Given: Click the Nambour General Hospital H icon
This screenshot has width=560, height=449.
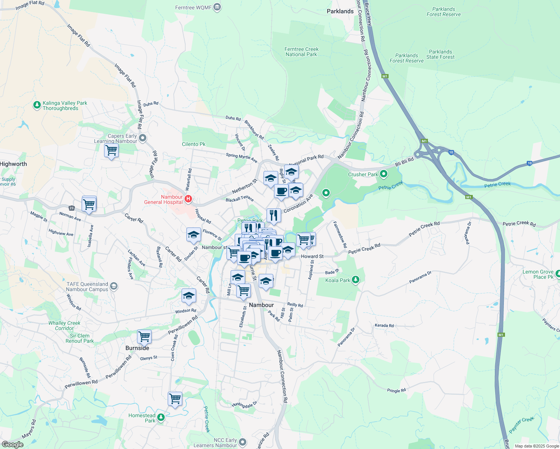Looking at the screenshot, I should point(188,199).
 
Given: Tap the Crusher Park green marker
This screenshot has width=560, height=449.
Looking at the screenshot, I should point(383,174).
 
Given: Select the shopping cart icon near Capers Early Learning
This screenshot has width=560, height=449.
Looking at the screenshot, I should point(111,151).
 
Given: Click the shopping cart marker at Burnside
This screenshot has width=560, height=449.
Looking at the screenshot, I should point(144,336).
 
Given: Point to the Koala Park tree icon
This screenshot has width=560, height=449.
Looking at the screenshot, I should point(356,280).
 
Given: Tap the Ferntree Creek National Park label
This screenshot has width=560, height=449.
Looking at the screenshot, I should point(301,52).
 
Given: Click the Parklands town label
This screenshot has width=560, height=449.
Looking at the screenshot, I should point(340,12).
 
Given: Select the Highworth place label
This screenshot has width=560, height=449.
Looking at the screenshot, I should point(13,164).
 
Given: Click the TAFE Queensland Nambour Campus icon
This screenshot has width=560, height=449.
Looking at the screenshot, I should point(114,287).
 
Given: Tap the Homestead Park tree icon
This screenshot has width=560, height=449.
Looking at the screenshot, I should point(161,417).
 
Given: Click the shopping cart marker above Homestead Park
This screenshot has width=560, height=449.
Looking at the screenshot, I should point(175,399).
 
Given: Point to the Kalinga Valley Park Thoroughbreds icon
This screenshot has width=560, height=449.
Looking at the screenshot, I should point(37,105).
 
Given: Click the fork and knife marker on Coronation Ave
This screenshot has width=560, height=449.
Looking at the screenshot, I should point(274,216).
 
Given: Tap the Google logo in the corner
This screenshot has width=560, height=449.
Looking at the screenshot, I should point(12,445).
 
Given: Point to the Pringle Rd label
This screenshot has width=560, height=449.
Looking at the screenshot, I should point(396,391).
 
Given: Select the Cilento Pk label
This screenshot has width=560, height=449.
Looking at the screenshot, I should point(194,144).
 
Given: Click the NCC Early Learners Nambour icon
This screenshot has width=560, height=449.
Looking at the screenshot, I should point(243,442).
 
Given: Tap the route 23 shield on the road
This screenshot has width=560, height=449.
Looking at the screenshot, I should point(71,208).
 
